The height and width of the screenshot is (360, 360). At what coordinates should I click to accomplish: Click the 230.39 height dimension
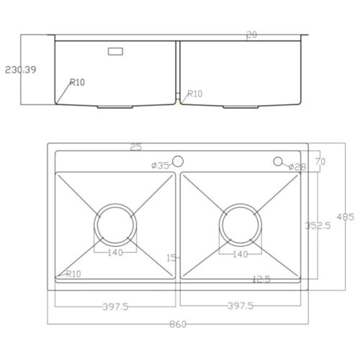(21, 70)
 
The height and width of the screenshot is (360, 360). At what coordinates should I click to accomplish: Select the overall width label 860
(178, 324)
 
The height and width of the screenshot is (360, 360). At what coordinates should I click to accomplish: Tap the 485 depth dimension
(346, 217)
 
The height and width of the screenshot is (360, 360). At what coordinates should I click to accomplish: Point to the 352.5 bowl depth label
(318, 225)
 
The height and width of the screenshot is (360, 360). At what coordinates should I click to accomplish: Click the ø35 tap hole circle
(178, 161)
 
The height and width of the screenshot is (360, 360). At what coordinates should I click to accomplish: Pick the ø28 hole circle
(278, 161)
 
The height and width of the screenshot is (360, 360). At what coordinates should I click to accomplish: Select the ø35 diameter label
(161, 166)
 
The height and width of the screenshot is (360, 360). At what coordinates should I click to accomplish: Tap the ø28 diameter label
(297, 166)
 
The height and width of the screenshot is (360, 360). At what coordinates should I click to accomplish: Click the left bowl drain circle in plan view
(115, 204)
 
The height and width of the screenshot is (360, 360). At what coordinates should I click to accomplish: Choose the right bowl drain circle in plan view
(240, 204)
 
